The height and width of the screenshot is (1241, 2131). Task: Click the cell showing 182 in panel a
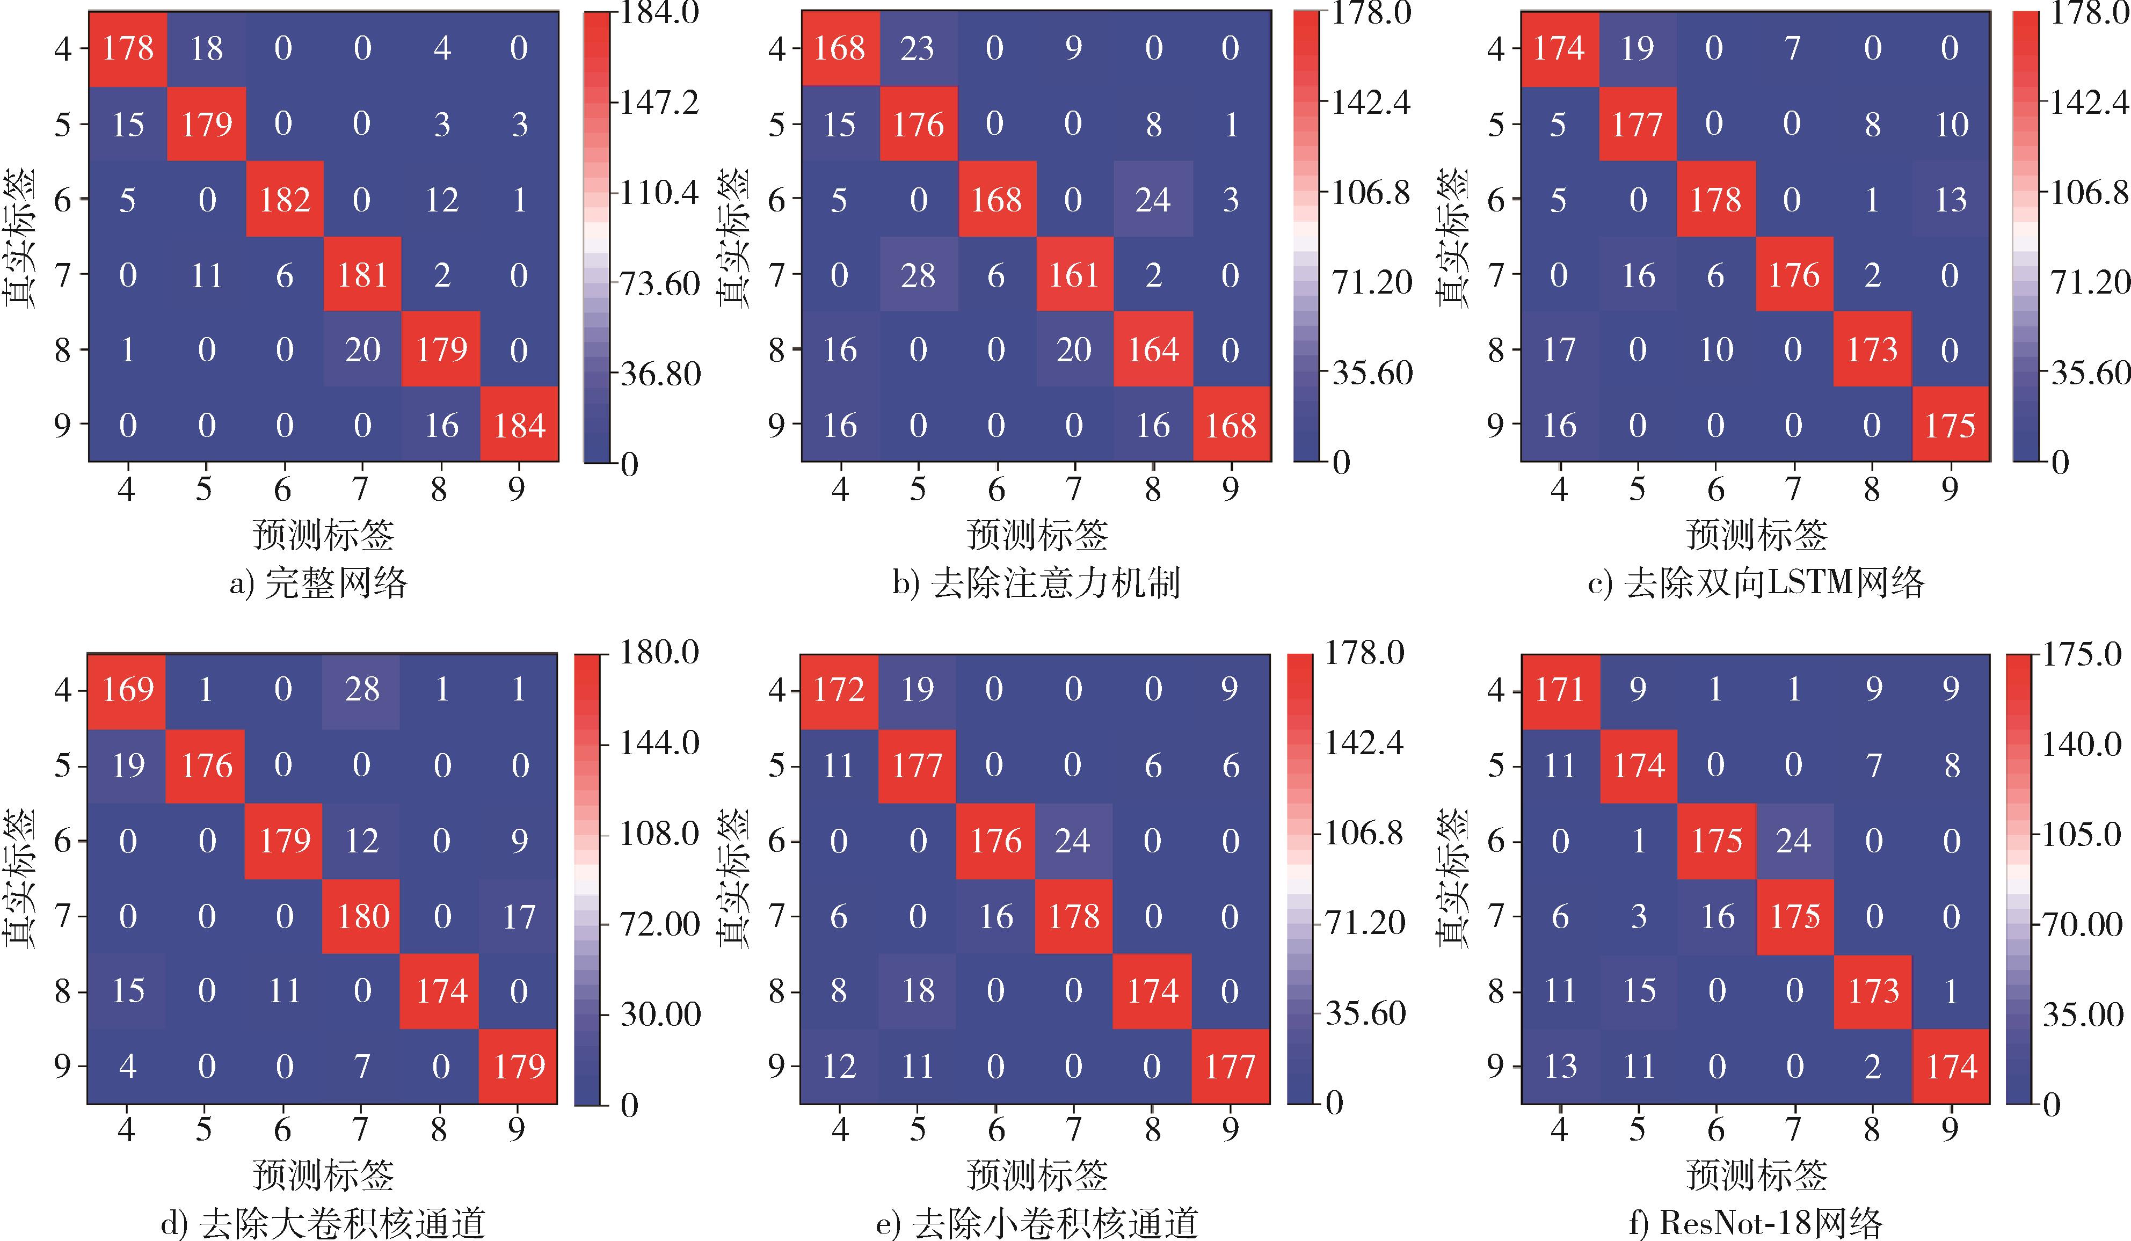click(x=285, y=200)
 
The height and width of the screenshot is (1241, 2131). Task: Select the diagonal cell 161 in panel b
click(x=1073, y=275)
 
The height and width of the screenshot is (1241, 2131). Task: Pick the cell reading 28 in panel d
click(x=362, y=690)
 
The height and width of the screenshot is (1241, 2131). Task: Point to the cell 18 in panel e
click(x=918, y=991)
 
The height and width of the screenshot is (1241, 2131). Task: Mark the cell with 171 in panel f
click(x=1559, y=690)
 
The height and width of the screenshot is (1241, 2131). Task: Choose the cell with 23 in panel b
click(x=918, y=48)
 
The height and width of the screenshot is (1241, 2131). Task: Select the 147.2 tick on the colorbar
click(x=659, y=103)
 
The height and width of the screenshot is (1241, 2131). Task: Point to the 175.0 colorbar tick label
click(x=2082, y=653)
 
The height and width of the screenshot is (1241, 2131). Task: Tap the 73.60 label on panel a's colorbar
click(x=659, y=283)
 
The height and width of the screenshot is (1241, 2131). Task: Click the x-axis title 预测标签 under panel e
click(x=1037, y=1175)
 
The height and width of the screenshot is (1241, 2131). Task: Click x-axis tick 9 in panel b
click(x=1231, y=488)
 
